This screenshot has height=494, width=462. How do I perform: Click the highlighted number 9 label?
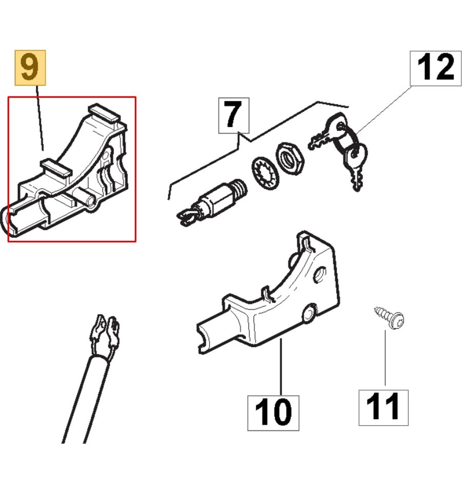pyautogui.click(x=30, y=67)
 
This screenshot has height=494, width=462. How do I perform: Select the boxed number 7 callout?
pyautogui.click(x=234, y=116)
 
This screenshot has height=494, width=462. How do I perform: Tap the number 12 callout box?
pyautogui.click(x=436, y=68)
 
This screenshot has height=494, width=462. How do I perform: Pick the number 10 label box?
pyautogui.click(x=274, y=413)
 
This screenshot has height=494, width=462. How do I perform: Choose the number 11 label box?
pyautogui.click(x=383, y=408)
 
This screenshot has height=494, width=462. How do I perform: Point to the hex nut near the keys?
pyautogui.click(x=289, y=158)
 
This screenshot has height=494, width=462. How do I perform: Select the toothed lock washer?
pyautogui.click(x=265, y=173)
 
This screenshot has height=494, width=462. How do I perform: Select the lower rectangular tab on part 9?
pyautogui.click(x=56, y=167)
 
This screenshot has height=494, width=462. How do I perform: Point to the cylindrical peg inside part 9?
pyautogui.click(x=84, y=197)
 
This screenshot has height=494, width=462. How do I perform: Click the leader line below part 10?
pyautogui.click(x=281, y=367)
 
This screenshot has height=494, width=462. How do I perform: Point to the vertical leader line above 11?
pyautogui.click(x=385, y=358)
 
